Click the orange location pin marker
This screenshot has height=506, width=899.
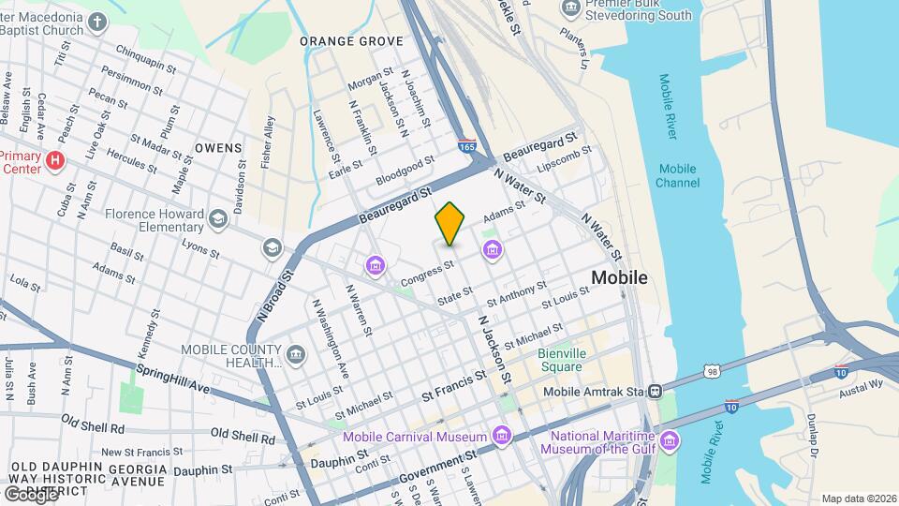point(449,223)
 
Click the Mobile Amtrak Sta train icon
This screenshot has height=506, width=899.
point(656,391)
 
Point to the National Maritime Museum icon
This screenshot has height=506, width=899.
point(669,440)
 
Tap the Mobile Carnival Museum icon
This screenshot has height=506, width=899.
point(502,436)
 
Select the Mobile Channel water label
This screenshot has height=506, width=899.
point(678,175)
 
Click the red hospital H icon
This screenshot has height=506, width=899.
point(55,160)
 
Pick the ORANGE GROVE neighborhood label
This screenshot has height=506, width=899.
point(351,41)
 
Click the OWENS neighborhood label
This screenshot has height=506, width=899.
point(218,148)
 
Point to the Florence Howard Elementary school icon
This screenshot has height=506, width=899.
point(218,218)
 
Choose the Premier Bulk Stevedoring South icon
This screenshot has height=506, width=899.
point(569,8)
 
